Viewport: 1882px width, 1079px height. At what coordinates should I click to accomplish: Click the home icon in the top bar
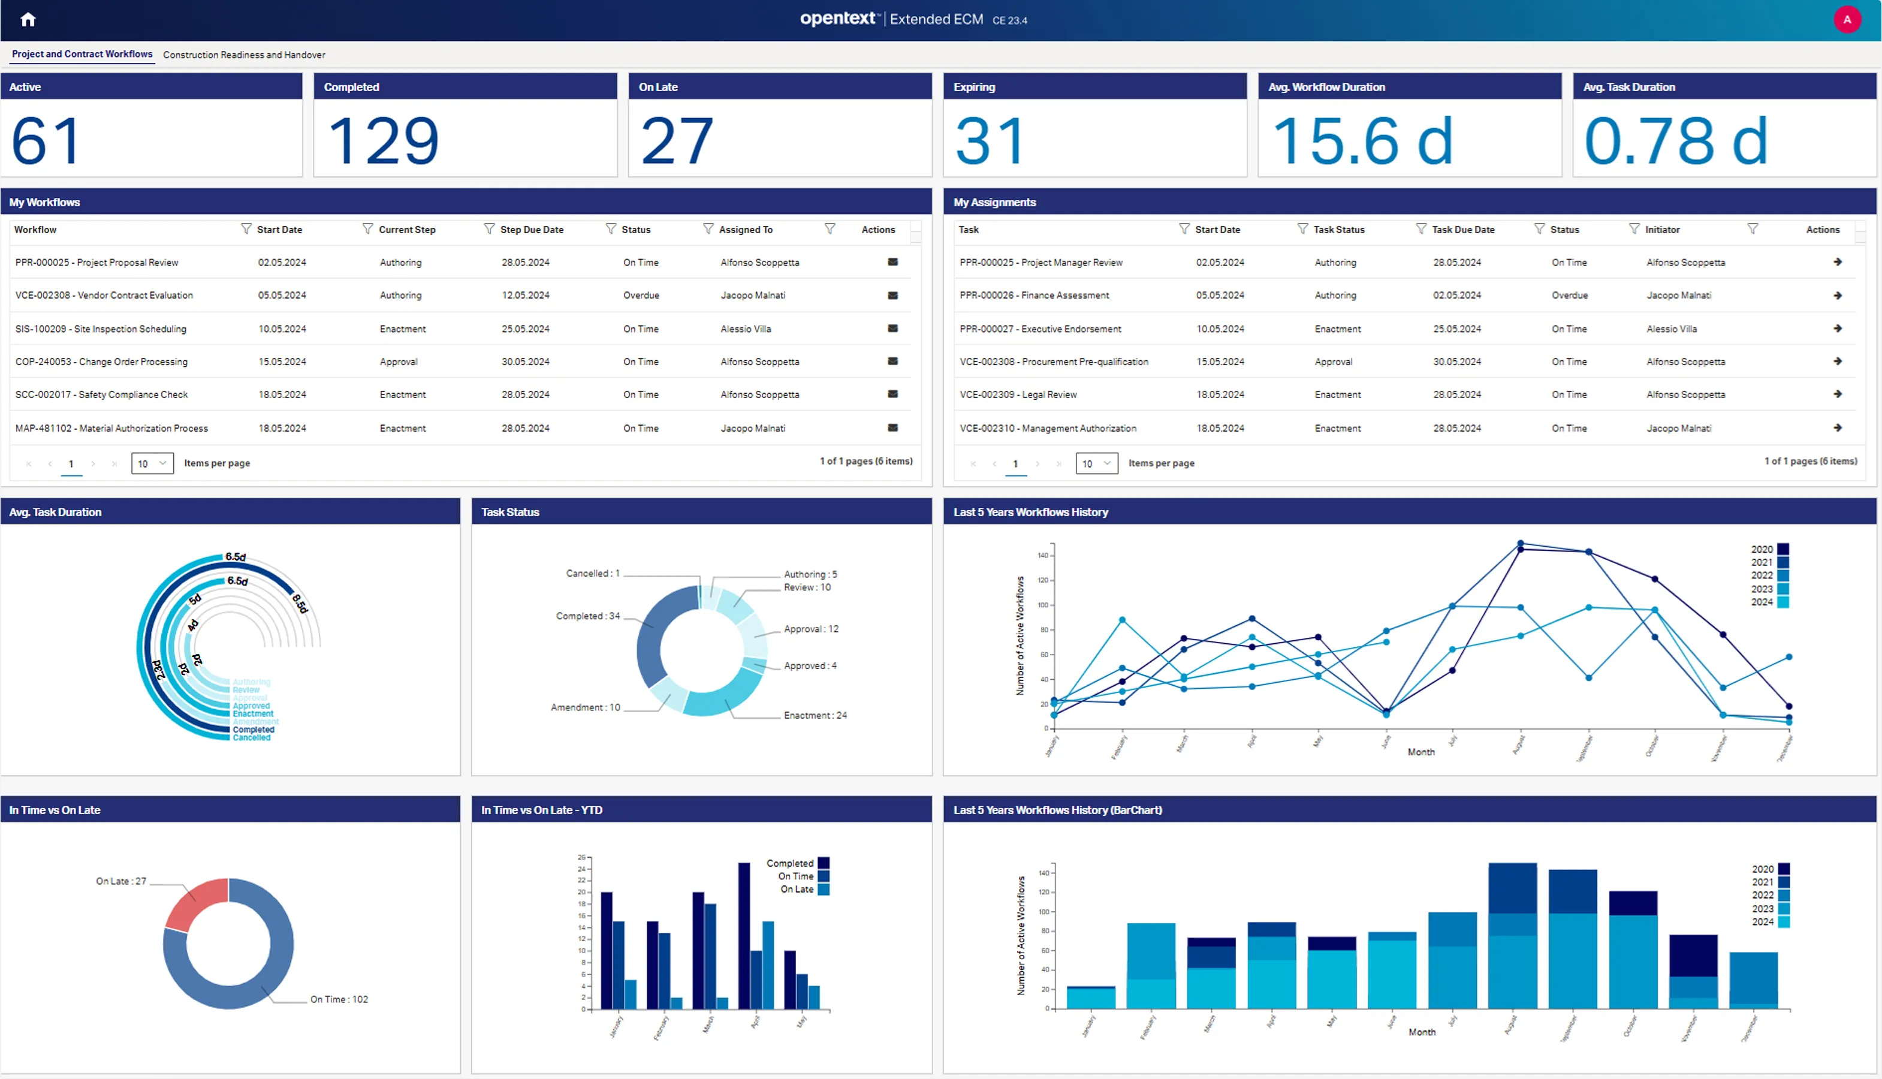(28, 20)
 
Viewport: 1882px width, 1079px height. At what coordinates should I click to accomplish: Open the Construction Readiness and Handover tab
(244, 55)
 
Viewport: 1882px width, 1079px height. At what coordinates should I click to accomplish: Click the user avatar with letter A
(1847, 20)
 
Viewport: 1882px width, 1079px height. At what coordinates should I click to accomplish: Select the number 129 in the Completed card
(383, 141)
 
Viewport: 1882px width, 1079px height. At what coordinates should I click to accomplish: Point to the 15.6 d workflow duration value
(1362, 141)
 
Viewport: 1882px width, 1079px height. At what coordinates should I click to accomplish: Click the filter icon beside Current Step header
(489, 229)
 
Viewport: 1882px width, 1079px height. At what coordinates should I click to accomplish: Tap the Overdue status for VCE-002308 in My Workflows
(641, 295)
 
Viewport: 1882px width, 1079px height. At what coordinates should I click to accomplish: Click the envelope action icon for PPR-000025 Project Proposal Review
(893, 261)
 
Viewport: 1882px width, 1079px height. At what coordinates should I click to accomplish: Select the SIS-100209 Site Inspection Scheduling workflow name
(101, 329)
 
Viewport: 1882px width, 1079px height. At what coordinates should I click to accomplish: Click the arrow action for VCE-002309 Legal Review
(1838, 394)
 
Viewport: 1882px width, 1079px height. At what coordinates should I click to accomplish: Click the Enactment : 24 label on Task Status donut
(815, 715)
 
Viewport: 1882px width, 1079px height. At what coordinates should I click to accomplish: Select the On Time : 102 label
(339, 999)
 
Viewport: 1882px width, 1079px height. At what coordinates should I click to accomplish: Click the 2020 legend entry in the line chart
(1769, 549)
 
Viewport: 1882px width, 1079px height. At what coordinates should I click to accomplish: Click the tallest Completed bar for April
(744, 935)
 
